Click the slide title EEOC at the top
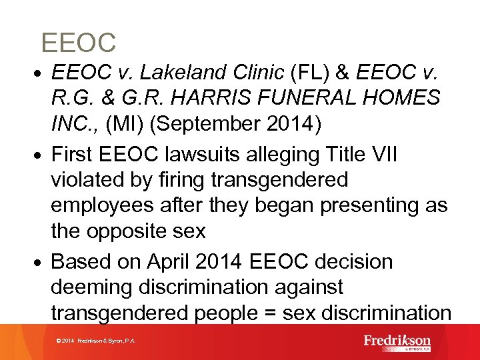(x=79, y=43)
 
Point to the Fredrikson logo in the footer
(x=397, y=342)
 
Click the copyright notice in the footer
(x=97, y=341)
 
